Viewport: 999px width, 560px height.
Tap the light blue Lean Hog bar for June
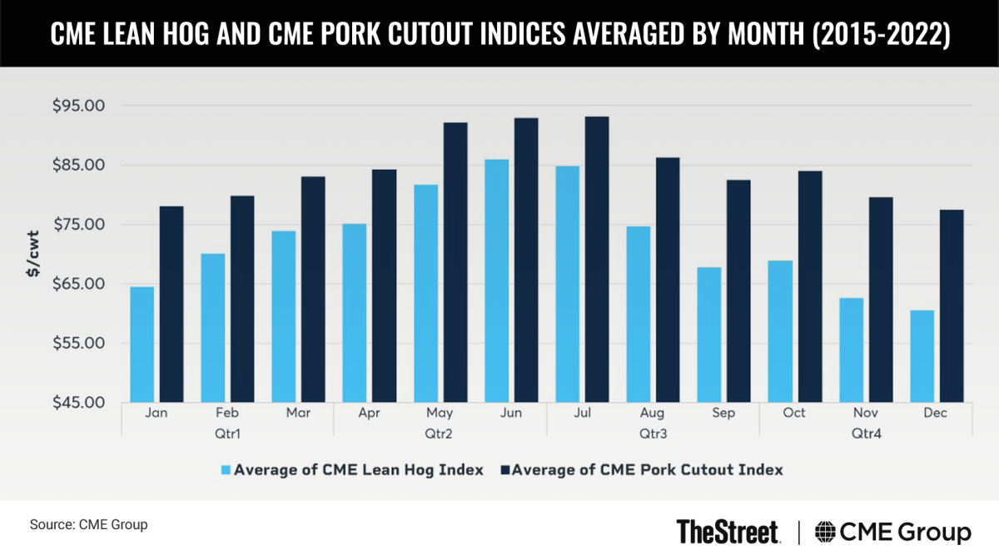496,280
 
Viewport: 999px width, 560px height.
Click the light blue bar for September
709,335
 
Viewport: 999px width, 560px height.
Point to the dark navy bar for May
455,262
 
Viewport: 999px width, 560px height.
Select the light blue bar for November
851,349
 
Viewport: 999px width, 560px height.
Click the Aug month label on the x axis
653,414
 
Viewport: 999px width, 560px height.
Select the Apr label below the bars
369,414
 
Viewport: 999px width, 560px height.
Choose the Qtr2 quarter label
440,434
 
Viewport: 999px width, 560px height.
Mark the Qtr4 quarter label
865,434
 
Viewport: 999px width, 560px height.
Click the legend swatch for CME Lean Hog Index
224,470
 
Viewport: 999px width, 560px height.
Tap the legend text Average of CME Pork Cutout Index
647,470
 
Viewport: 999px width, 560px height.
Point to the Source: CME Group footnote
88,525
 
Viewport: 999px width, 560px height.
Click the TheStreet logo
728,531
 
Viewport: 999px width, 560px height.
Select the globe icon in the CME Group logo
827,532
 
